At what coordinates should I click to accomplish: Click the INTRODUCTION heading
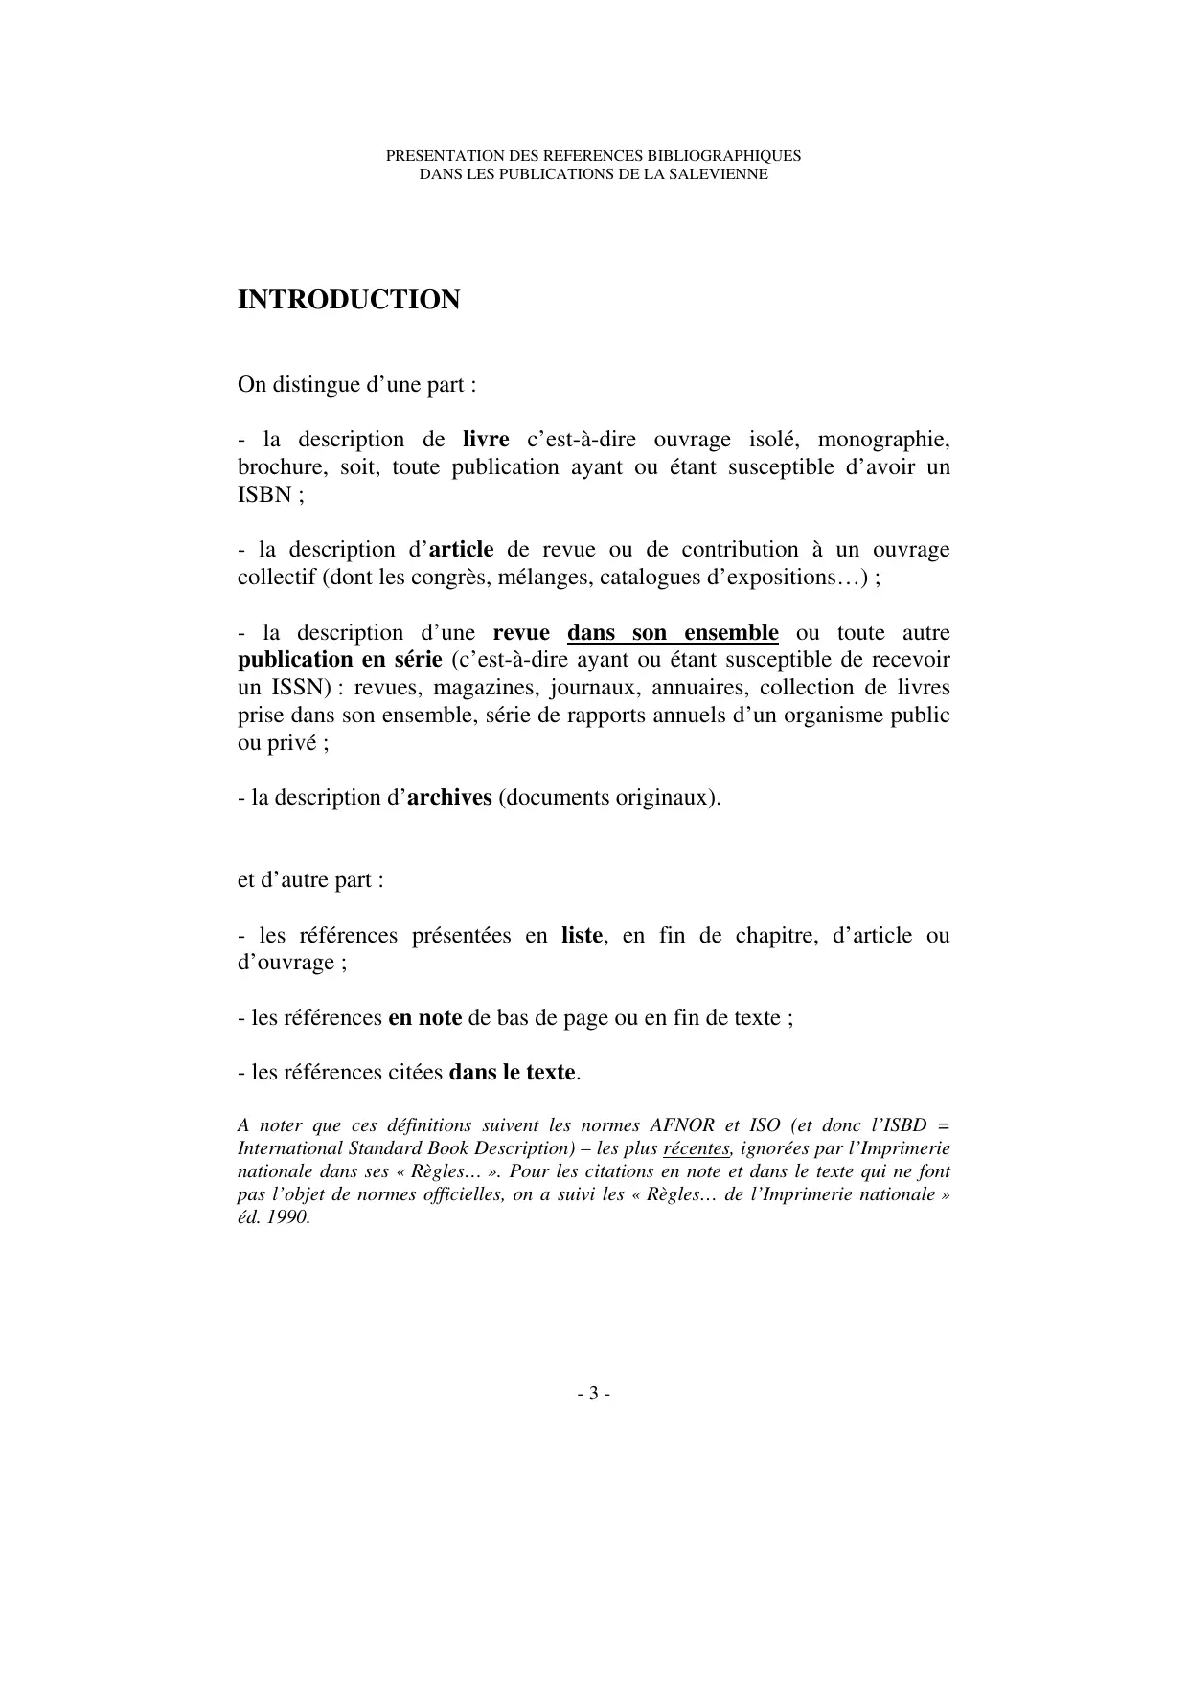(349, 300)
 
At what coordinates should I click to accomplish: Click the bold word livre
(486, 440)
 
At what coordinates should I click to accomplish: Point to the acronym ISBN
(263, 495)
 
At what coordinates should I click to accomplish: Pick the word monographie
(883, 440)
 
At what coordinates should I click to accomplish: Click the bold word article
(461, 550)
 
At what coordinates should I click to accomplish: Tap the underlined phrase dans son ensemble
(673, 633)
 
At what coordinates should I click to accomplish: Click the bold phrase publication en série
(340, 660)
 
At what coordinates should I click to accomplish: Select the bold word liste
(582, 936)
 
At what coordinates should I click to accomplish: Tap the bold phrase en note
(424, 1018)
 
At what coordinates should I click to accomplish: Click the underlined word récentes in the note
(697, 1148)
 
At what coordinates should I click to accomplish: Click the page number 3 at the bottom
(594, 1394)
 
